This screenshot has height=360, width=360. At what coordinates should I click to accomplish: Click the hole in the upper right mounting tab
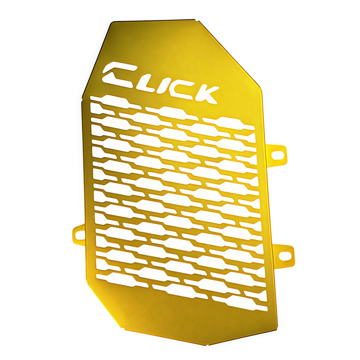point(278,155)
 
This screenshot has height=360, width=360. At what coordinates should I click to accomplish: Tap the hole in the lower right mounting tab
point(285,255)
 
